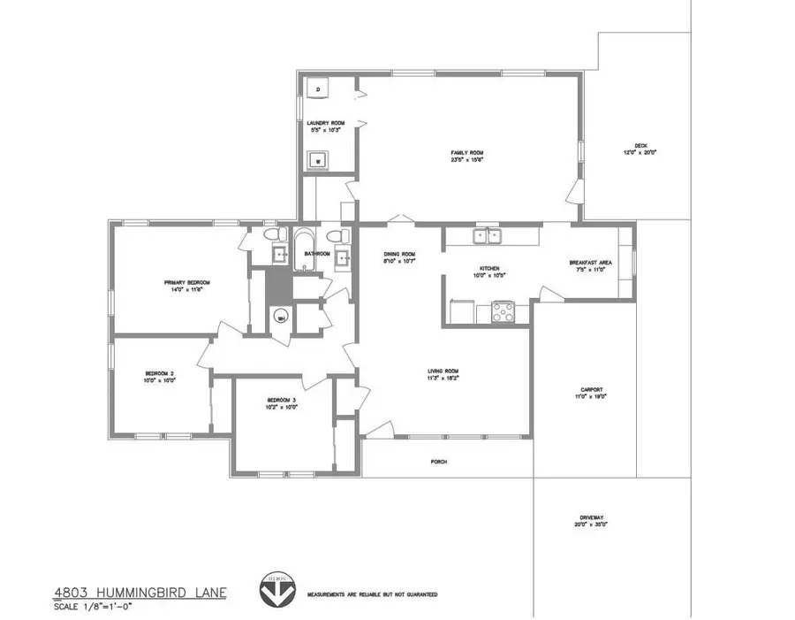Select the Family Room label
pyautogui.click(x=468, y=153)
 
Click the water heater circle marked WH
pyautogui.click(x=281, y=318)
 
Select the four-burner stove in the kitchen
pyautogui.click(x=503, y=311)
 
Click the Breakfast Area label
pyautogui.click(x=591, y=263)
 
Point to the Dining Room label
pyautogui.click(x=398, y=254)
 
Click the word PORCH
pyautogui.click(x=437, y=462)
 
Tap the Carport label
pyautogui.click(x=591, y=390)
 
